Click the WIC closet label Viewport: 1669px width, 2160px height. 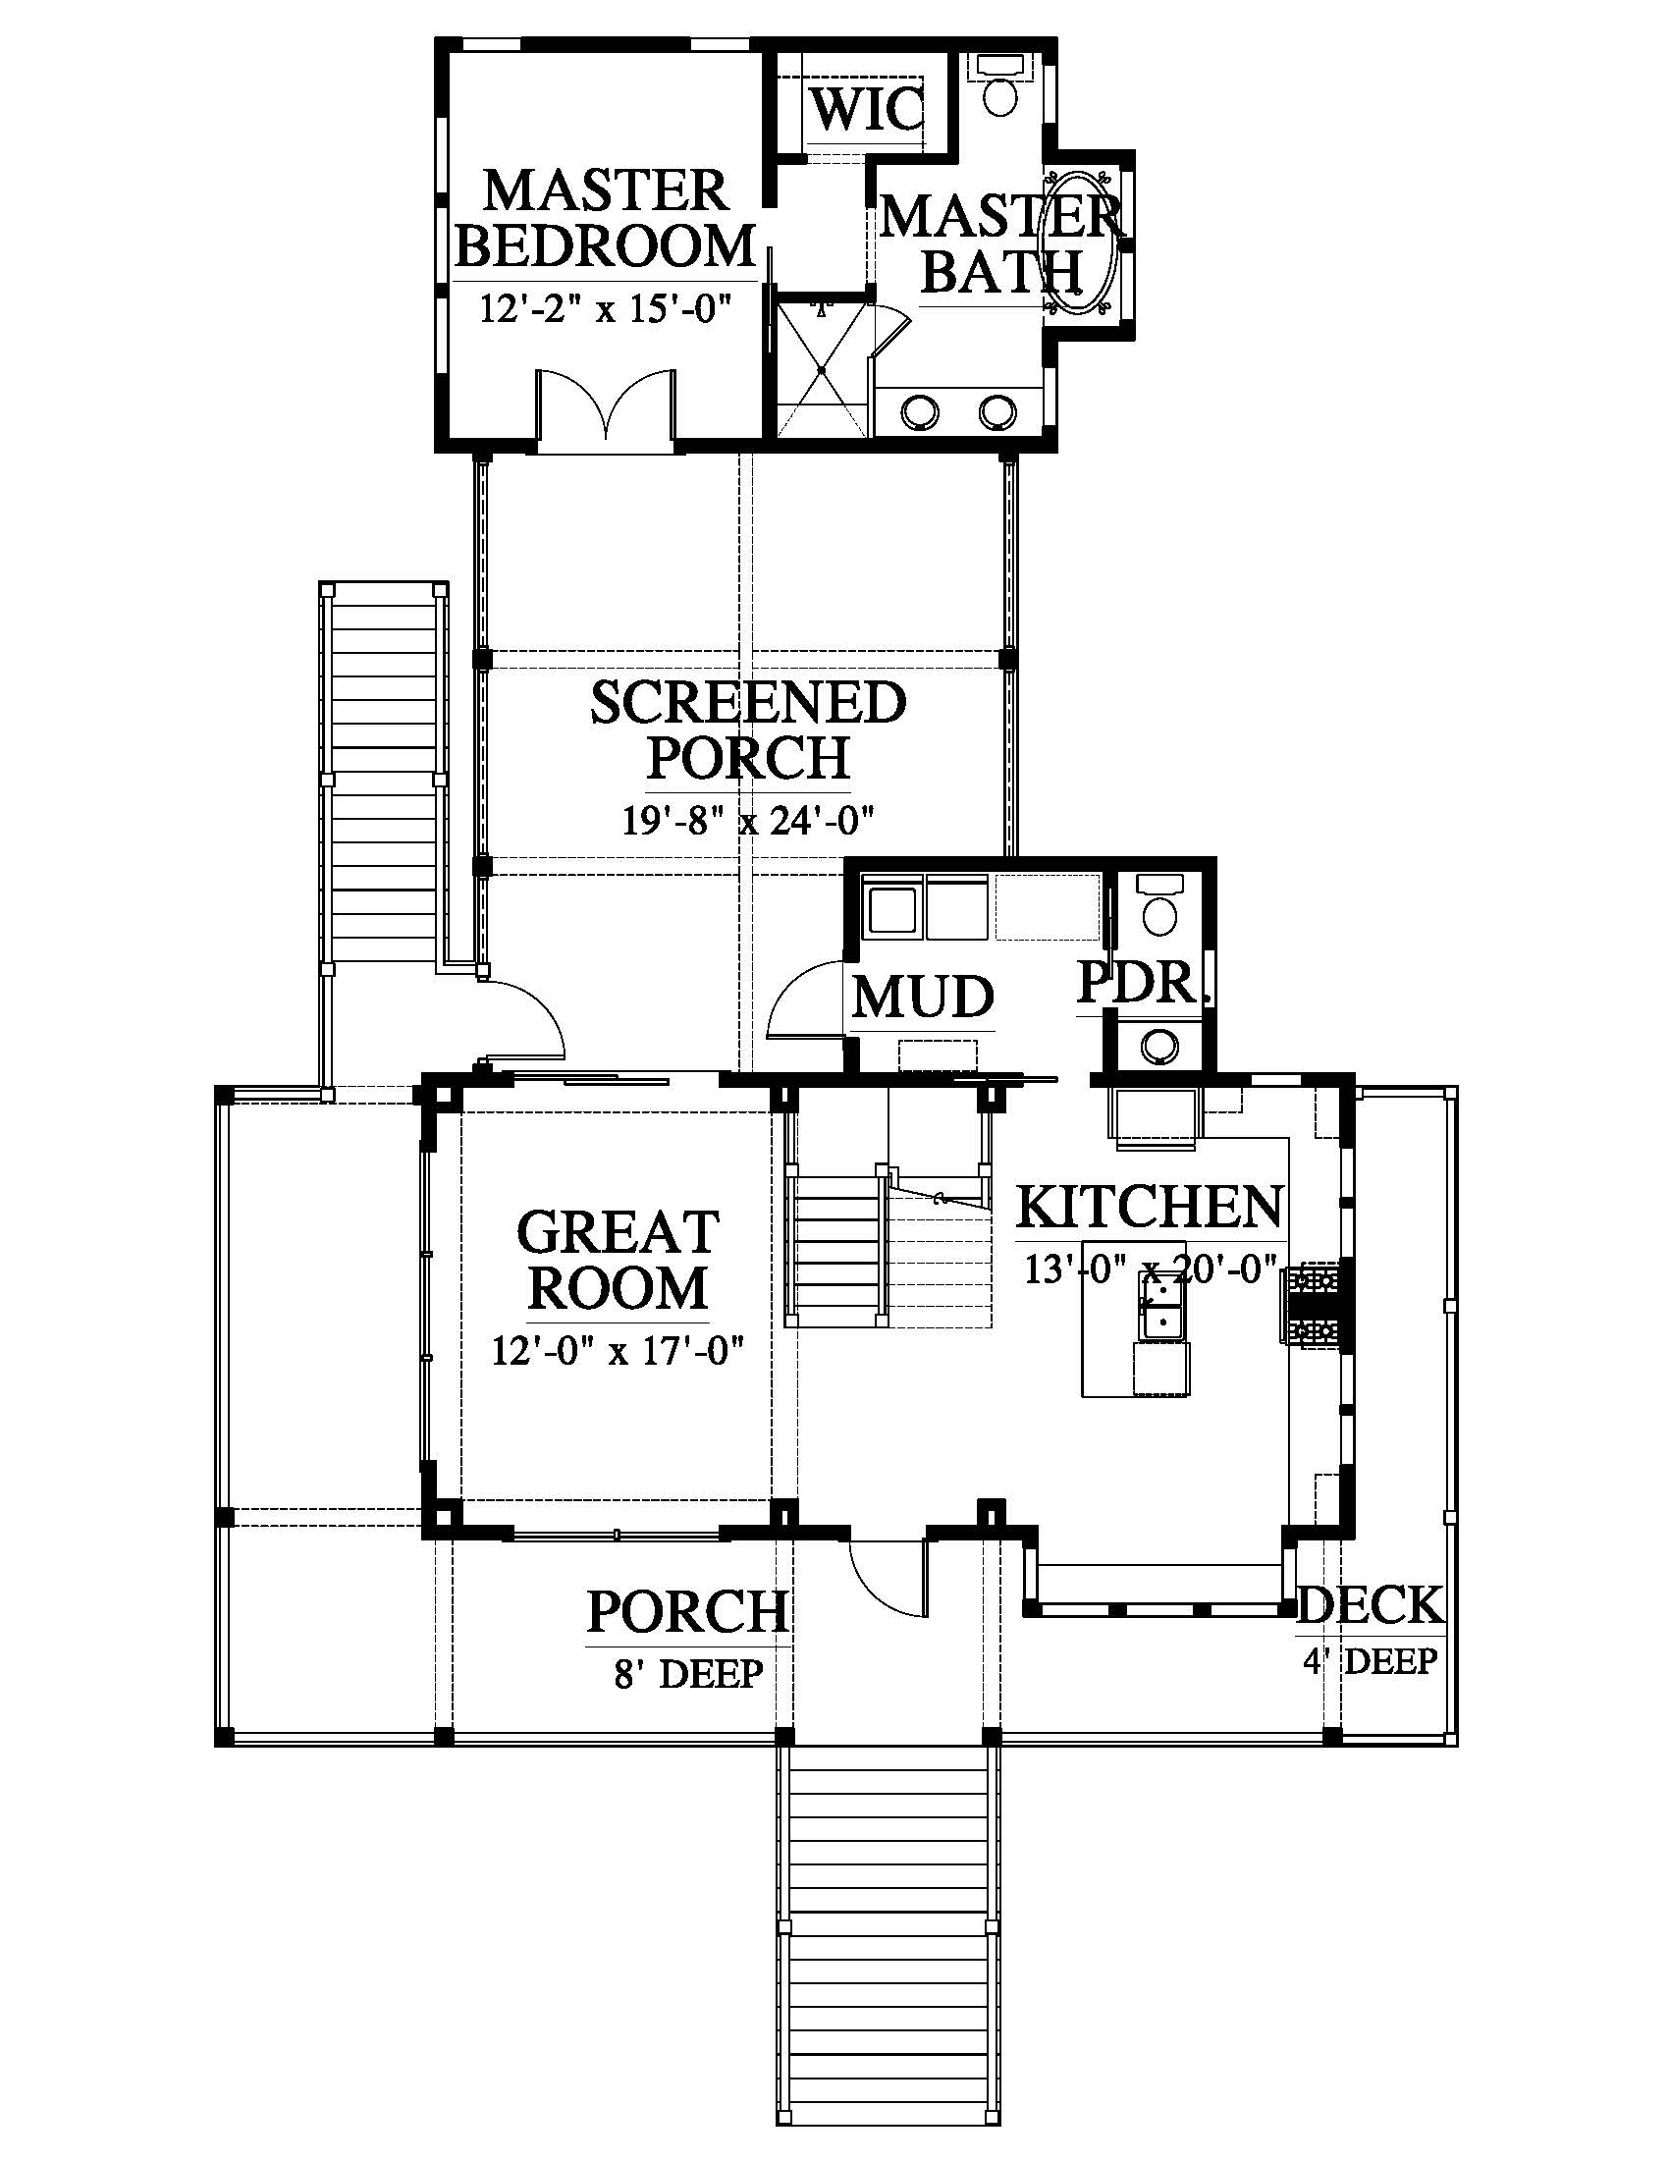coord(867,108)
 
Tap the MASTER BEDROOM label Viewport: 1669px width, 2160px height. coord(604,219)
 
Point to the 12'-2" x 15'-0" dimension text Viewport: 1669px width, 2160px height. coord(604,308)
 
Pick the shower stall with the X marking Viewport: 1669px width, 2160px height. coord(822,369)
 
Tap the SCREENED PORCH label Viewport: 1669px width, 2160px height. coord(748,730)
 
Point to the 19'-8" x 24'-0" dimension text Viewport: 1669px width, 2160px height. coord(748,820)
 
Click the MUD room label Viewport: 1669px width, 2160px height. coord(923,997)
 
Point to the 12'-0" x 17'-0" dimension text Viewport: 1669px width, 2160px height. coord(617,1350)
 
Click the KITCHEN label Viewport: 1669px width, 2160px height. coord(1150,1207)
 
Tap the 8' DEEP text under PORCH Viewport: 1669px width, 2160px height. coord(688,1674)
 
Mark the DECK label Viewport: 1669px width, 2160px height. coord(1371,1605)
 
